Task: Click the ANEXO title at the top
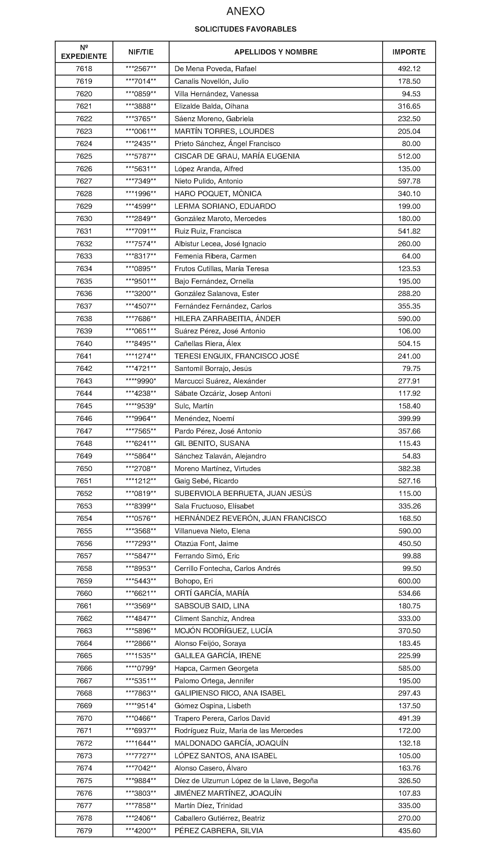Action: tap(245, 12)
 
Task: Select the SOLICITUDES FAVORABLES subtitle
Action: tap(245, 29)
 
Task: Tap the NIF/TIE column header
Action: tap(141, 52)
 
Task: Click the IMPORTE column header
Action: tap(409, 52)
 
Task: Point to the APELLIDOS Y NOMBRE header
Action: tap(276, 52)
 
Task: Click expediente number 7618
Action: tap(84, 69)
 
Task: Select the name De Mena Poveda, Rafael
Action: tap(215, 69)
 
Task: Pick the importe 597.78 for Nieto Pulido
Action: tap(409, 181)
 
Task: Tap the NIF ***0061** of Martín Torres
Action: tap(141, 131)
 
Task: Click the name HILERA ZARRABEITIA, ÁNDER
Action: tap(227, 319)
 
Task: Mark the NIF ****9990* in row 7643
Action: tap(141, 381)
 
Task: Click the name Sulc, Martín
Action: tap(194, 406)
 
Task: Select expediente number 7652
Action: tap(84, 494)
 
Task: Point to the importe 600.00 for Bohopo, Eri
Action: tap(409, 581)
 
